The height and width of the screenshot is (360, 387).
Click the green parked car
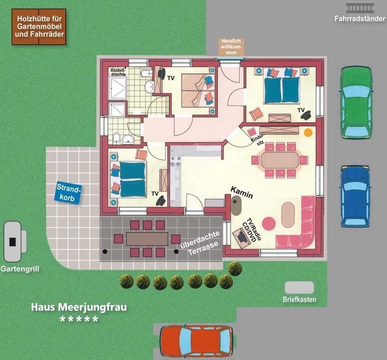click(x=356, y=103)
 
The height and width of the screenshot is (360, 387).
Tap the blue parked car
click(x=355, y=196)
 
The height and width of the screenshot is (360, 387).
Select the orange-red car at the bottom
click(x=196, y=341)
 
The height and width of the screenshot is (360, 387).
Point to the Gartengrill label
click(x=20, y=269)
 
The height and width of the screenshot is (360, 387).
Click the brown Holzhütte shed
click(x=39, y=26)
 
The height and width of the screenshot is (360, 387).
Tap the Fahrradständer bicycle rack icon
click(x=360, y=8)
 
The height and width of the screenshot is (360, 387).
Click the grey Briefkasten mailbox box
click(x=299, y=287)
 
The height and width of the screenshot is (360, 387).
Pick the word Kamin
click(x=242, y=192)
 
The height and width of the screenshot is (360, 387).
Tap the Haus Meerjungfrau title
click(x=79, y=307)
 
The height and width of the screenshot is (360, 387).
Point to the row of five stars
click(x=79, y=319)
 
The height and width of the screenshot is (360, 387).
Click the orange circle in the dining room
click(x=308, y=132)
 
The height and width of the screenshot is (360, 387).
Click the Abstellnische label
click(x=118, y=72)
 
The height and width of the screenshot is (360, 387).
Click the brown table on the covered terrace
click(x=147, y=239)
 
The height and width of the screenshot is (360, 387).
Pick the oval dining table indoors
click(x=280, y=160)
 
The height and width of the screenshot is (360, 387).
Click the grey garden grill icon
click(x=15, y=241)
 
